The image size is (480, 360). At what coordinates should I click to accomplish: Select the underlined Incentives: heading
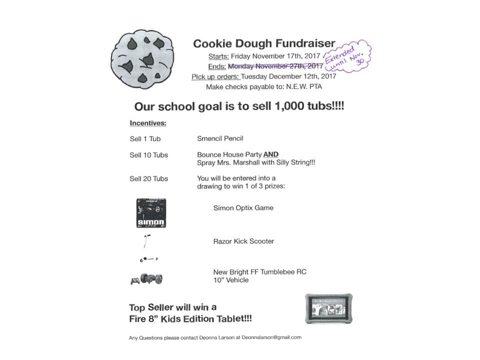(x=148, y=123)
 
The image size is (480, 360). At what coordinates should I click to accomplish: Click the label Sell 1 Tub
(x=145, y=139)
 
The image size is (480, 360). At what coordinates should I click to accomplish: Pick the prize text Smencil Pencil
(x=220, y=138)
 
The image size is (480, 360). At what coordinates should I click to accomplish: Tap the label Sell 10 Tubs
(x=148, y=155)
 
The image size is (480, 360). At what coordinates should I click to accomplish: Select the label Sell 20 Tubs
(x=148, y=178)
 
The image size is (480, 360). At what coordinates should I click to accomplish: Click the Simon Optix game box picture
(x=151, y=212)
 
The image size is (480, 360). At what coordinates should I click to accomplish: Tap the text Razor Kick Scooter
(x=243, y=241)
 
